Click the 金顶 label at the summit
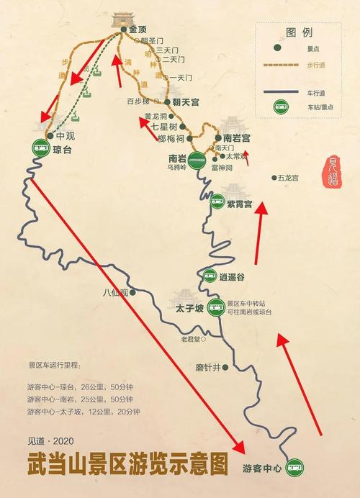click(x=138, y=30)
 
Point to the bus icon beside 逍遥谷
click(x=210, y=275)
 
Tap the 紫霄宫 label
click(x=239, y=204)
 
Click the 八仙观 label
click(x=114, y=292)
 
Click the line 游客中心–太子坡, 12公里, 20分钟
click(x=83, y=411)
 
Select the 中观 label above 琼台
click(x=65, y=135)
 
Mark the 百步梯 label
click(x=137, y=101)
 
